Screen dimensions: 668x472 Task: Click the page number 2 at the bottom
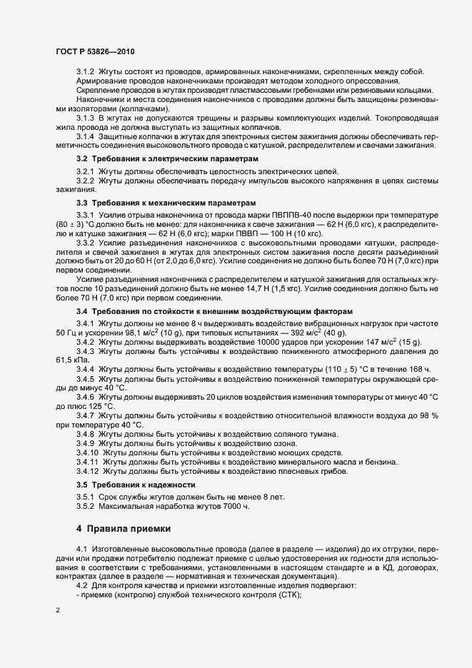tap(57, 610)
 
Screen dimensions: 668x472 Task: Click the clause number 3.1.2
tap(86, 71)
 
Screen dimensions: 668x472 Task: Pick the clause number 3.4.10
tap(88, 453)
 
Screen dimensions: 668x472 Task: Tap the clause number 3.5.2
tap(86, 507)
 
